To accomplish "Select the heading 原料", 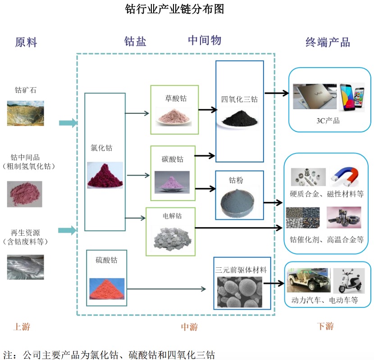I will click(26, 42).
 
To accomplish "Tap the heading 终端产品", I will click(328, 42).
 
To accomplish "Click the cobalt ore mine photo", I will click(25, 113).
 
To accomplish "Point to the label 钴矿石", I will click(26, 90).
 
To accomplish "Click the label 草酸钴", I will click(175, 98).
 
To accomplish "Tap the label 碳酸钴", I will click(173, 159).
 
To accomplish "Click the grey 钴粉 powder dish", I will click(239, 202).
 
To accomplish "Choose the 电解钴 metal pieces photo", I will click(173, 234).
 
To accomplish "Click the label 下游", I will click(325, 327).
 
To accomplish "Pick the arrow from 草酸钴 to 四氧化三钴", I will click(207, 109).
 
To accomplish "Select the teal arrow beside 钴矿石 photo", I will click(68, 122).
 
